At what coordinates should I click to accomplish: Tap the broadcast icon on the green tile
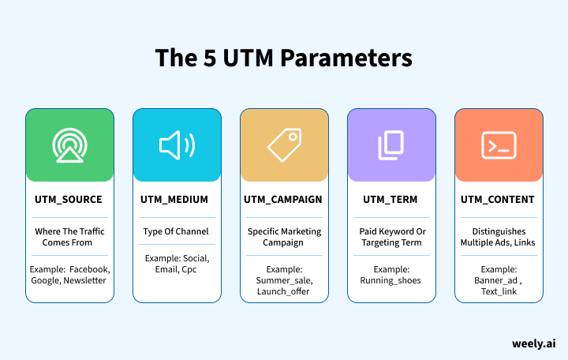(69, 145)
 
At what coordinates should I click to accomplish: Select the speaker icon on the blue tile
(177, 145)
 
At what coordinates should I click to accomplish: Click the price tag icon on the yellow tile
(284, 145)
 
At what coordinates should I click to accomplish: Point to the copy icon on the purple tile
(391, 145)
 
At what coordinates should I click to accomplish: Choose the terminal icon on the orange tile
(499, 145)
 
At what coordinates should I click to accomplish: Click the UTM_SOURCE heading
(69, 200)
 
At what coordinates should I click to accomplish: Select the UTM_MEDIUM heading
(177, 200)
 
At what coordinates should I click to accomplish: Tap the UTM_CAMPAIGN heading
(284, 200)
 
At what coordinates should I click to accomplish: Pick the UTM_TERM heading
(391, 200)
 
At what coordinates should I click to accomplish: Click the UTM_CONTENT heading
(499, 200)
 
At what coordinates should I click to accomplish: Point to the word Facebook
(86, 268)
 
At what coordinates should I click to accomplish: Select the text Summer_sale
(284, 280)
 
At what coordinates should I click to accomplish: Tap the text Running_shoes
(391, 280)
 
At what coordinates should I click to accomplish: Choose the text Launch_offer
(284, 292)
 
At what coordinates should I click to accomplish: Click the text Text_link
(499, 292)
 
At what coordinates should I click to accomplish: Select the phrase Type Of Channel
(177, 231)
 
